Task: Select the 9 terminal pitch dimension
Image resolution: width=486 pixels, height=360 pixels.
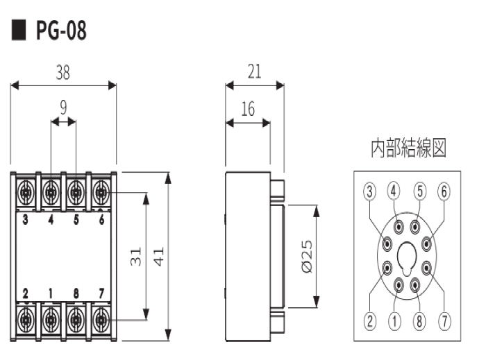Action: point(63,108)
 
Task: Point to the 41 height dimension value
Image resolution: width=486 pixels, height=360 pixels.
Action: point(160,256)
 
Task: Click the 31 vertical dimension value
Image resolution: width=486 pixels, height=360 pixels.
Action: point(135,256)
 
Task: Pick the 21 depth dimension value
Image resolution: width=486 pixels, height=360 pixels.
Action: point(254,71)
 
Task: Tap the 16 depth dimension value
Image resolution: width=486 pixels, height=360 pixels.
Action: point(248,109)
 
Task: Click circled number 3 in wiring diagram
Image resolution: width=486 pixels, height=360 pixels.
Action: point(370,191)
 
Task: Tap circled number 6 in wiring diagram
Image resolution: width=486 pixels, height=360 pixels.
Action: point(444,191)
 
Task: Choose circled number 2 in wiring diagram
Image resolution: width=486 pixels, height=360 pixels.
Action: point(370,320)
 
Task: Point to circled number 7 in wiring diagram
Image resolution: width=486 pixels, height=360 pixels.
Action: point(444,320)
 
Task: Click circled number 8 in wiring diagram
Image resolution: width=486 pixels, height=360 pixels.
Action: point(419,320)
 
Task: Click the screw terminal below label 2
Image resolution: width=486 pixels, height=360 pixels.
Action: point(26,320)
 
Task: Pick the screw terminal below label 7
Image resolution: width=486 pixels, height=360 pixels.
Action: point(101,320)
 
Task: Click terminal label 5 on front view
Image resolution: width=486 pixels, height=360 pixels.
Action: point(76,221)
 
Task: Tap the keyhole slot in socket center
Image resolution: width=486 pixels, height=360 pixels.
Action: point(407,255)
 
